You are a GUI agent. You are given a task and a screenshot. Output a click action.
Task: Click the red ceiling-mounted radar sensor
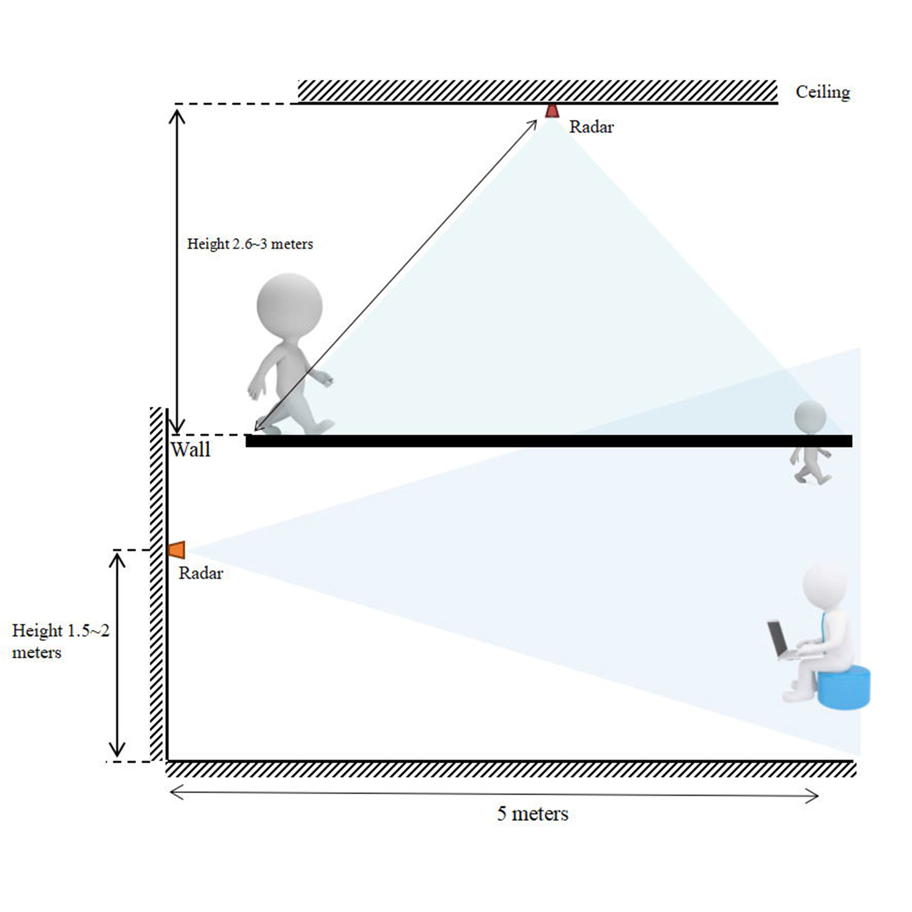coord(551,111)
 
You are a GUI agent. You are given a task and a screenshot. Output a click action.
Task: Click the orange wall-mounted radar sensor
coord(177,550)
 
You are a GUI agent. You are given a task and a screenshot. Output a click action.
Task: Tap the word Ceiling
coord(823,92)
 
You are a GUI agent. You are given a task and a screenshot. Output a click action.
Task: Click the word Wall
coord(190,450)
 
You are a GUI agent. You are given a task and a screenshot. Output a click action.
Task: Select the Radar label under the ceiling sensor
coord(591,127)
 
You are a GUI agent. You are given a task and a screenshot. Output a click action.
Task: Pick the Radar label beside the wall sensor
coord(201,573)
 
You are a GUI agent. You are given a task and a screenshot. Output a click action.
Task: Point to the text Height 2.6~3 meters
coord(250,244)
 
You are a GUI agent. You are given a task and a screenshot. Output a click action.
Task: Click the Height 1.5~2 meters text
coord(60,641)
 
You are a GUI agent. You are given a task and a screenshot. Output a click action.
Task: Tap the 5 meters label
coord(532,813)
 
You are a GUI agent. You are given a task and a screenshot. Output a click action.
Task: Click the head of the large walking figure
coord(290,306)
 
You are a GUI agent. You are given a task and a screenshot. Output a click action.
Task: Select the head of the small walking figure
coord(810,417)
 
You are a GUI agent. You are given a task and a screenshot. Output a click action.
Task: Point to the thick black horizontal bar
coord(549,441)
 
